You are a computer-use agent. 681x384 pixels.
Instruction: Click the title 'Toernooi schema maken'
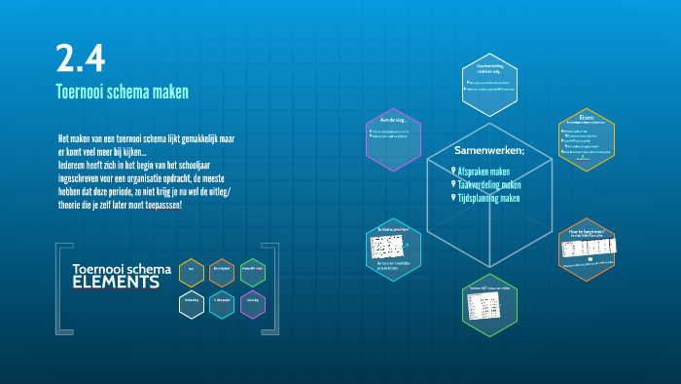(x=122, y=93)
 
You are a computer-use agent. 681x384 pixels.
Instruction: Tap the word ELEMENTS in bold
(x=116, y=284)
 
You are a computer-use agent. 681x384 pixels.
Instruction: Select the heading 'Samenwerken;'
(x=489, y=151)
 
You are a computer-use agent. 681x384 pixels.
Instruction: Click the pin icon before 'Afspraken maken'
(x=452, y=171)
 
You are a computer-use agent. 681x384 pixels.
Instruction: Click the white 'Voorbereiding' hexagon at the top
(x=489, y=81)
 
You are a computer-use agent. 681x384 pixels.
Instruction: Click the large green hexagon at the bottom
(x=489, y=305)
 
